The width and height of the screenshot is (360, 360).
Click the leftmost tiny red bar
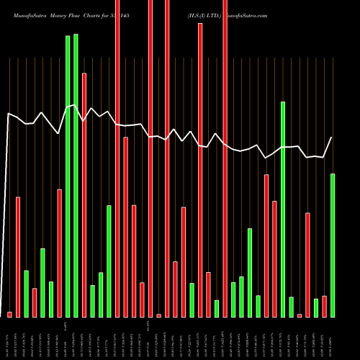pos(10,314)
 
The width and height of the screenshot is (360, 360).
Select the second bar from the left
pos(18,256)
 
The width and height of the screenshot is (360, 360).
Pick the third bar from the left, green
pos(27,293)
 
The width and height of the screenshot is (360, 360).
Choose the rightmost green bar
pos(333,245)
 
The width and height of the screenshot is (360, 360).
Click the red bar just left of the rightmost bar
pos(324,306)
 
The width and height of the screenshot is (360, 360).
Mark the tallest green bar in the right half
pos(283,209)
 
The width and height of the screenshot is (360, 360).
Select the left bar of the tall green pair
pos(68,176)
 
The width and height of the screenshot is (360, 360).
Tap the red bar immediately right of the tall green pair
pos(84,194)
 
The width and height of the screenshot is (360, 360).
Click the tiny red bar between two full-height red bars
pos(158,315)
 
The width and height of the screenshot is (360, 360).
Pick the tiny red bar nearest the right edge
pos(300,315)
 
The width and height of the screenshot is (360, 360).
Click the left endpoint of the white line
pos(9,113)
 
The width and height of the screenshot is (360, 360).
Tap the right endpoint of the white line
pos(332,138)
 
